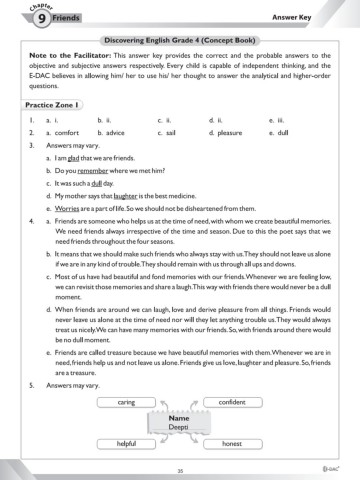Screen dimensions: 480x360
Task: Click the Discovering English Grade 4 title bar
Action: (x=180, y=38)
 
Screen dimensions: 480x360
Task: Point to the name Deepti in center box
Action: (x=180, y=426)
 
